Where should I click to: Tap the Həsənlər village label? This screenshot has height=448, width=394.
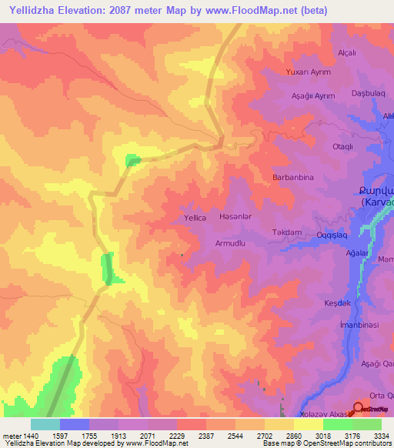pyautogui.click(x=235, y=218)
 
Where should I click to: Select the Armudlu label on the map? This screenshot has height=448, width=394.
pyautogui.click(x=229, y=243)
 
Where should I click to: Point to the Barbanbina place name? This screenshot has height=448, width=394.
pyautogui.click(x=294, y=177)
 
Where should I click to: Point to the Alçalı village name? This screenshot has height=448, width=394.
pyautogui.click(x=347, y=52)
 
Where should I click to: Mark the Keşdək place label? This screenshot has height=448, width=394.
pyautogui.click(x=338, y=303)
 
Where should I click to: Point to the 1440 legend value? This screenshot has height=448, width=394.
pyautogui.click(x=32, y=436)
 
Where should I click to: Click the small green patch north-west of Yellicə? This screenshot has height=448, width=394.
pyautogui.click(x=133, y=160)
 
